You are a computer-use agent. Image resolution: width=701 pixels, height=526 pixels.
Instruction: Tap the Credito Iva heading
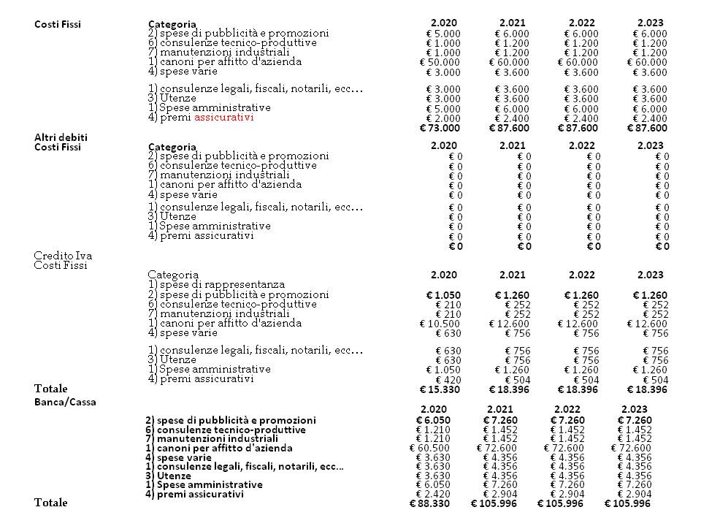click(63, 255)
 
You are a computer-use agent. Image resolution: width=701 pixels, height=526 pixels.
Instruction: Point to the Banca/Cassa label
click(65, 401)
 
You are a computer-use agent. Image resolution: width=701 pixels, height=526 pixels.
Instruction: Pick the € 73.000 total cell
click(440, 129)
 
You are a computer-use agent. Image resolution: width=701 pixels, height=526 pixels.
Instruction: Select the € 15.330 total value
click(440, 389)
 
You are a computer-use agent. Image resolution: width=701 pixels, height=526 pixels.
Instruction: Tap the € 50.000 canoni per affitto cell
click(440, 62)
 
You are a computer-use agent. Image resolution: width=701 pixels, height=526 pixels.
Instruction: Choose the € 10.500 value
click(440, 324)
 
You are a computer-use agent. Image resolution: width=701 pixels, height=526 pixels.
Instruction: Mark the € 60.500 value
click(431, 448)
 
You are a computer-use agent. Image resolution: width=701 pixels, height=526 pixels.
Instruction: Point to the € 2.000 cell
click(443, 119)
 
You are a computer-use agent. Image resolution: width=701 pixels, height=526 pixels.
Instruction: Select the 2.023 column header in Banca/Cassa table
click(634, 408)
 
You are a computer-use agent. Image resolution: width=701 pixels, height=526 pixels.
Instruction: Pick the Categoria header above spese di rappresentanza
click(173, 274)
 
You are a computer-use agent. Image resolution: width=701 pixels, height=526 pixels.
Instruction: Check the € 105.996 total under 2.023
click(627, 503)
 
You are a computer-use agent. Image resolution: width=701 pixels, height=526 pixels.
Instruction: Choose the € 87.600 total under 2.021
click(509, 129)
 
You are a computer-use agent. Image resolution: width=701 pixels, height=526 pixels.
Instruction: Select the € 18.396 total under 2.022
click(578, 389)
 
